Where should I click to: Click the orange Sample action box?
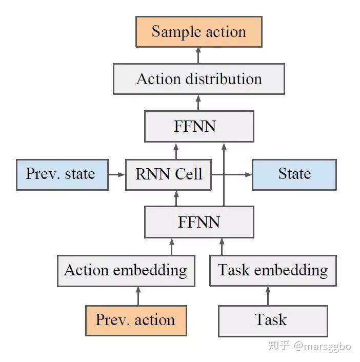[199, 32]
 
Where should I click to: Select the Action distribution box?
[199, 79]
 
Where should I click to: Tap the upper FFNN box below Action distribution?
[199, 126]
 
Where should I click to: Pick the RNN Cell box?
[168, 175]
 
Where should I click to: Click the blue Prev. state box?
[63, 175]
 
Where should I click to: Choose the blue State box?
[294, 175]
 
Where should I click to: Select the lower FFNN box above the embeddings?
[199, 222]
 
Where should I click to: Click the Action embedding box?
[126, 271]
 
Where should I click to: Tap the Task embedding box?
[273, 271]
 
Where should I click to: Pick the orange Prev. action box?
[136, 320]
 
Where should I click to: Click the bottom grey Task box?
[273, 321]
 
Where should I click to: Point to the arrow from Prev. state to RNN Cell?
[117, 174]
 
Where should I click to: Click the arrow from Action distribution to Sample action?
[198, 55]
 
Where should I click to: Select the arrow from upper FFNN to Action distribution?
[198, 103]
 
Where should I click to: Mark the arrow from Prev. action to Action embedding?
[138, 296]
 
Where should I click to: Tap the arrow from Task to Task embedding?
[268, 296]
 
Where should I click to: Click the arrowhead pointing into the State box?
[249, 174]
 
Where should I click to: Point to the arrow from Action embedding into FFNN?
[172, 247]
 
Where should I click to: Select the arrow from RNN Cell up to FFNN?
[176, 151]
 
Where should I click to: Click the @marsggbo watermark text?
[323, 346]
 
